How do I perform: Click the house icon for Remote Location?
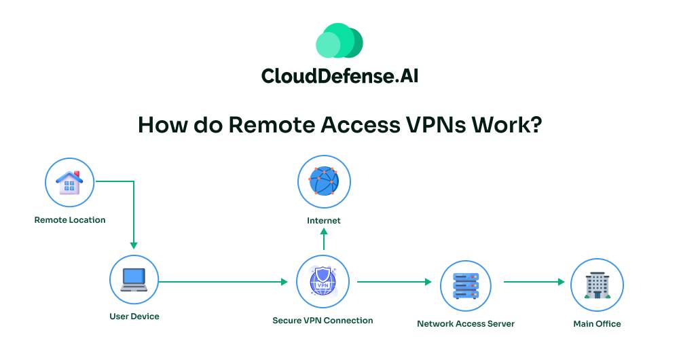[x=69, y=183]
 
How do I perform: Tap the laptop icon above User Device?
[x=134, y=280]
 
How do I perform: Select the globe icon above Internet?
[x=324, y=182]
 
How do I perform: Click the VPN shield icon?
[x=323, y=281]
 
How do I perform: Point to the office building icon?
[x=597, y=285]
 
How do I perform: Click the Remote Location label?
[x=70, y=220]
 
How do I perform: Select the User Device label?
[x=134, y=317]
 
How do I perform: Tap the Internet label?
[x=324, y=221]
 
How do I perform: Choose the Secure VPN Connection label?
[x=323, y=321]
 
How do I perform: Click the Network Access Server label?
[x=466, y=324]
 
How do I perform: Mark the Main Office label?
[x=597, y=324]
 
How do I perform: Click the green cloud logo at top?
[x=339, y=41]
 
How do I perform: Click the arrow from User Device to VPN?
[x=224, y=281]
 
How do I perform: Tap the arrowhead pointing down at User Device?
[x=134, y=245]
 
